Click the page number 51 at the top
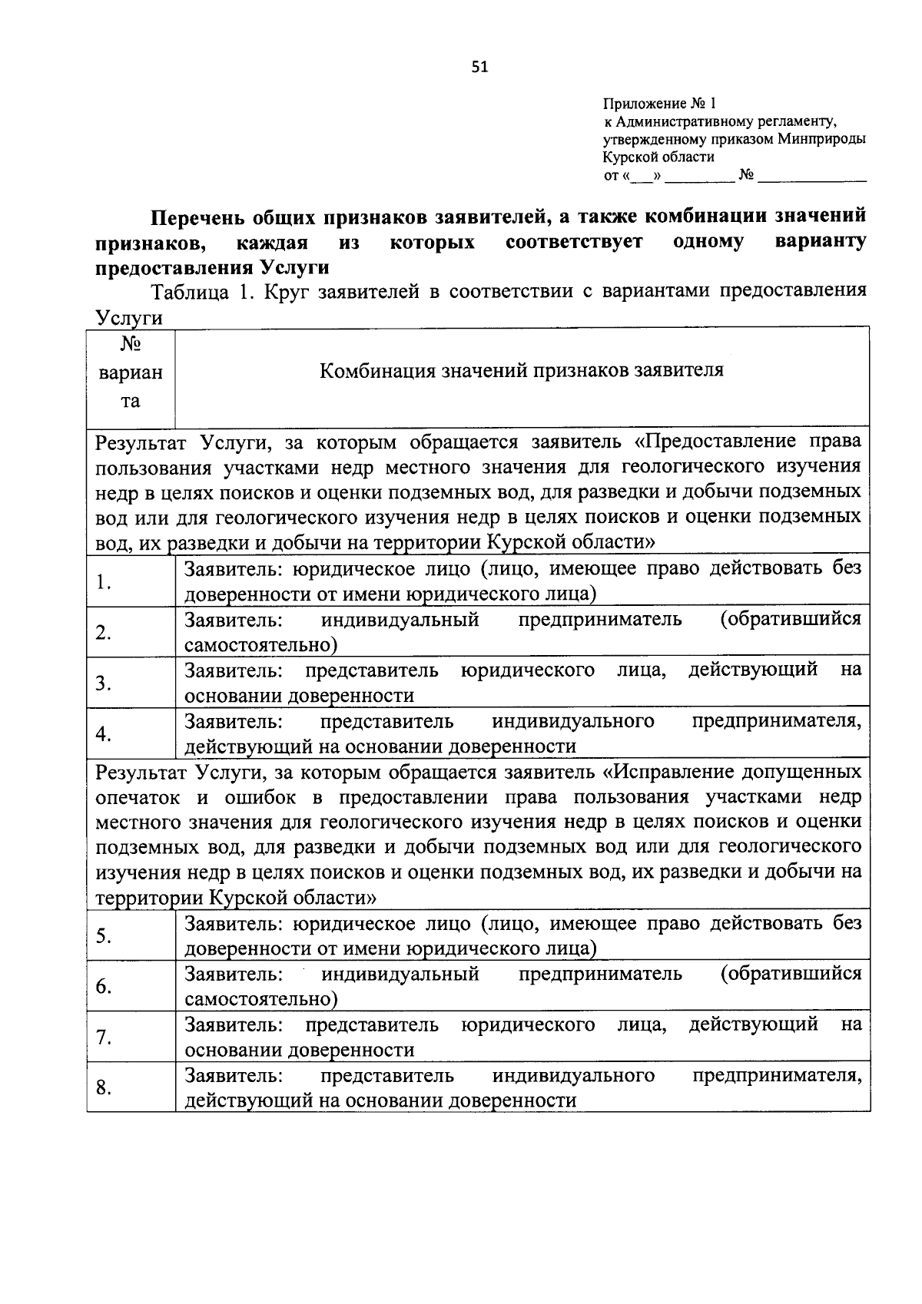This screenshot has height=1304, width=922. click(479, 68)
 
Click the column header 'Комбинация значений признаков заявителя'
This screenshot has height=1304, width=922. click(522, 371)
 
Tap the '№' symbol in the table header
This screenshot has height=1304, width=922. click(131, 343)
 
